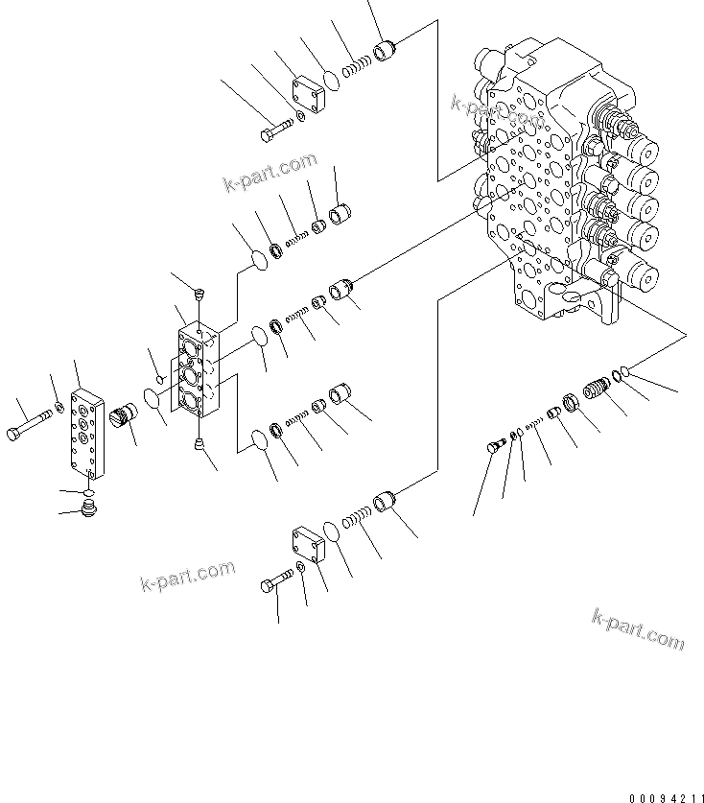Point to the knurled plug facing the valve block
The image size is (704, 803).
pos(126,418)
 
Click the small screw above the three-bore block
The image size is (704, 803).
pos(199,293)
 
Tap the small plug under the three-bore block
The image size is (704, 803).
pos(199,442)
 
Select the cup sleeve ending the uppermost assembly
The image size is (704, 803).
pos(385,49)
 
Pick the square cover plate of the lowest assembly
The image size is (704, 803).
pos(309,546)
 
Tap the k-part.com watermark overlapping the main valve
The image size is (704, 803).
pos(497,111)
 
